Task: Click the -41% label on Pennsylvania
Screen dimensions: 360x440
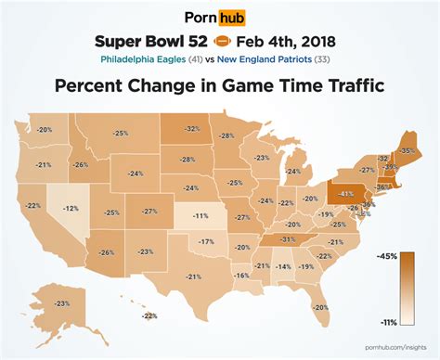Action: (x=345, y=194)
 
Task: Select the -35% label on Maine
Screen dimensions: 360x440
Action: (x=406, y=149)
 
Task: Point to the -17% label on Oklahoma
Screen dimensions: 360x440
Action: (x=206, y=241)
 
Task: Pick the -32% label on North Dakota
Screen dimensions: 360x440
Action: (x=192, y=129)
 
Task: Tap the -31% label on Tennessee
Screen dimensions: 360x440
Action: (x=288, y=238)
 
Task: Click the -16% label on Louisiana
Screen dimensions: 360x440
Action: (x=241, y=276)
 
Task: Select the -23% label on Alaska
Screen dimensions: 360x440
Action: (x=62, y=303)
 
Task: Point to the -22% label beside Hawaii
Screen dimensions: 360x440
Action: (x=149, y=316)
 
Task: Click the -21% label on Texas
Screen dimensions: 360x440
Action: (x=193, y=276)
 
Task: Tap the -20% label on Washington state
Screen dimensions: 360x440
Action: (x=44, y=130)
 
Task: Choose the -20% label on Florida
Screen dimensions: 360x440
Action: (x=321, y=307)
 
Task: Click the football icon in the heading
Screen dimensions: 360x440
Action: (x=225, y=42)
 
